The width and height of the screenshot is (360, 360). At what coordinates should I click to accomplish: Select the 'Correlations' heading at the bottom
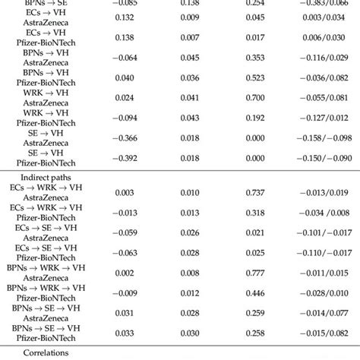point(47,352)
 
